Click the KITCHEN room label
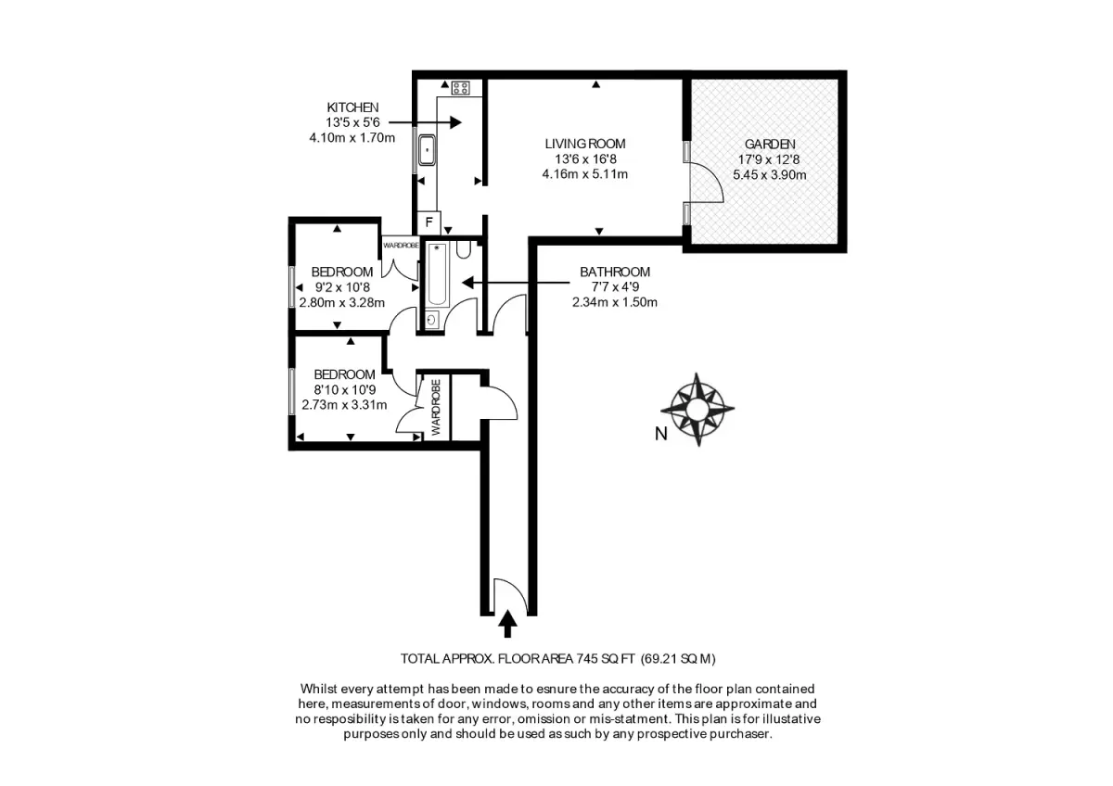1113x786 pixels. (352, 108)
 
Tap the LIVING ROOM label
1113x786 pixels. (585, 144)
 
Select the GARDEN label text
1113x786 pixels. (770, 145)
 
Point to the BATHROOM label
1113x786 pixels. (615, 273)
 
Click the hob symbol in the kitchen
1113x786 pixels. (461, 88)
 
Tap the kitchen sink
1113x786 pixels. (427, 150)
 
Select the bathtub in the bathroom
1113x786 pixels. (437, 274)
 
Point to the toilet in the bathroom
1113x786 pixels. (463, 249)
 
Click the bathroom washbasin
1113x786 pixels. (432, 320)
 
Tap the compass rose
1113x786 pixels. (697, 409)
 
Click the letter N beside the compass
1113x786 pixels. (660, 434)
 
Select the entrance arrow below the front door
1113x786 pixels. (506, 624)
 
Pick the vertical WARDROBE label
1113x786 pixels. (436, 408)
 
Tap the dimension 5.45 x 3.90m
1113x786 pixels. (769, 175)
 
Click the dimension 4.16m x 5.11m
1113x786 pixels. (585, 175)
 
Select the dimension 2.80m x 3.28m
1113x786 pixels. (342, 302)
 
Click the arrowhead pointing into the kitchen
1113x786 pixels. (455, 121)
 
